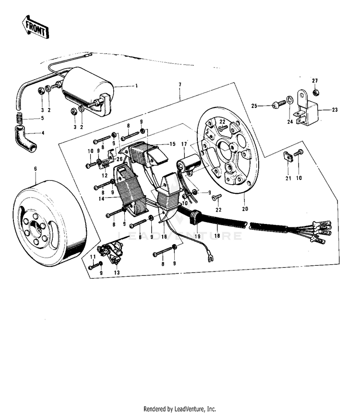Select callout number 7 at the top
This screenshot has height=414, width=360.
[x=180, y=84]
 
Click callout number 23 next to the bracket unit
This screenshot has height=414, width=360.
[x=335, y=110]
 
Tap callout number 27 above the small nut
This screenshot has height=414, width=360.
[x=315, y=80]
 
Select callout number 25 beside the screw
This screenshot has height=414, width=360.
[x=254, y=105]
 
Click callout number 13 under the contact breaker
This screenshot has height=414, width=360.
[x=116, y=272]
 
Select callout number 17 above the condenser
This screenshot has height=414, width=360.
[x=184, y=144]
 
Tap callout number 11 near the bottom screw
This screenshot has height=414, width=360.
[x=93, y=257]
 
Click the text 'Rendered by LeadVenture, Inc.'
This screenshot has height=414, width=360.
[x=180, y=409]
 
